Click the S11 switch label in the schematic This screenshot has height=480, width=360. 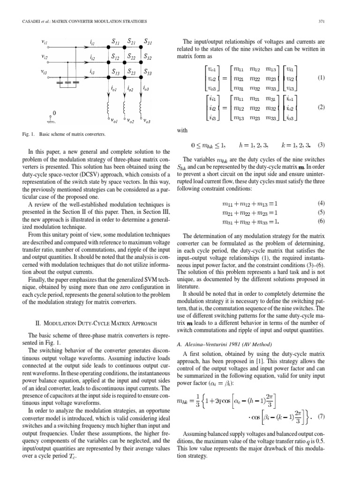113,42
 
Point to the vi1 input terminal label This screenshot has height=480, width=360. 45,42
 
